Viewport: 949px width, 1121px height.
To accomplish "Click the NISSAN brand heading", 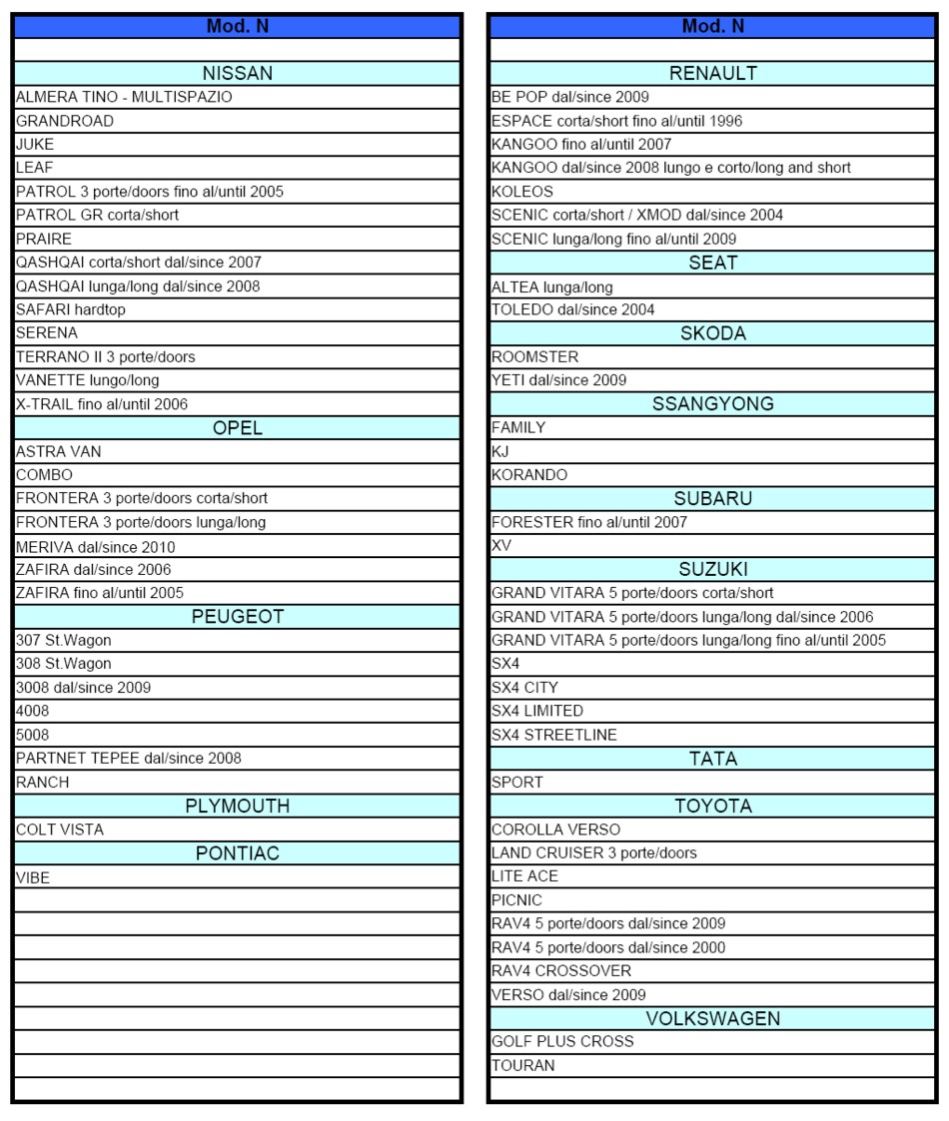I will (x=237, y=73).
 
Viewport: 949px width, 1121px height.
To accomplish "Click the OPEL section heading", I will (x=237, y=428).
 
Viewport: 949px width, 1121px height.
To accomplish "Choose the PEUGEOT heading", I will (x=237, y=617).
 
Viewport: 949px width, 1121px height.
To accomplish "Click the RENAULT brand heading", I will (x=712, y=73).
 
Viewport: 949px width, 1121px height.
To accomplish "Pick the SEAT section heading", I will (x=712, y=263).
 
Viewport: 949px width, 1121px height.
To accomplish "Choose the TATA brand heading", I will (x=712, y=759).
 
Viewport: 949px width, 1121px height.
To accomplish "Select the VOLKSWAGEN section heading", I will (x=712, y=1018).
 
